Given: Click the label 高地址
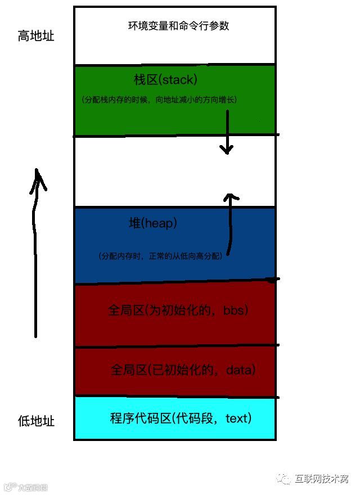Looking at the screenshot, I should coord(36,37).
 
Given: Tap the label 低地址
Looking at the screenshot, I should coord(36,421).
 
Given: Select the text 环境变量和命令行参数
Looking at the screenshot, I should coord(179,25).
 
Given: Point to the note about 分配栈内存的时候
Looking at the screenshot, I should coord(160,100).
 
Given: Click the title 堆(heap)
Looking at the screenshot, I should coord(153,224).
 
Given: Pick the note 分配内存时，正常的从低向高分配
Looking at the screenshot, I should coord(161,256).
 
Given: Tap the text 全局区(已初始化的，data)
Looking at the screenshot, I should coord(183,370).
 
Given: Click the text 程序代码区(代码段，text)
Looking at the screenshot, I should coord(181,418).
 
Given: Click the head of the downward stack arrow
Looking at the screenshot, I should coord(226,150).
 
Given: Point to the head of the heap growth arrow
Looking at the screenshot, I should coord(230,198).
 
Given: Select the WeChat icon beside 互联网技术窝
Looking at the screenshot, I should coord(284,478).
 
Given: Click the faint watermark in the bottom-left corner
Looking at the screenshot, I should coord(26,487).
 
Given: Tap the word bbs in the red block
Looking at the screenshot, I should coord(235,310).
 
